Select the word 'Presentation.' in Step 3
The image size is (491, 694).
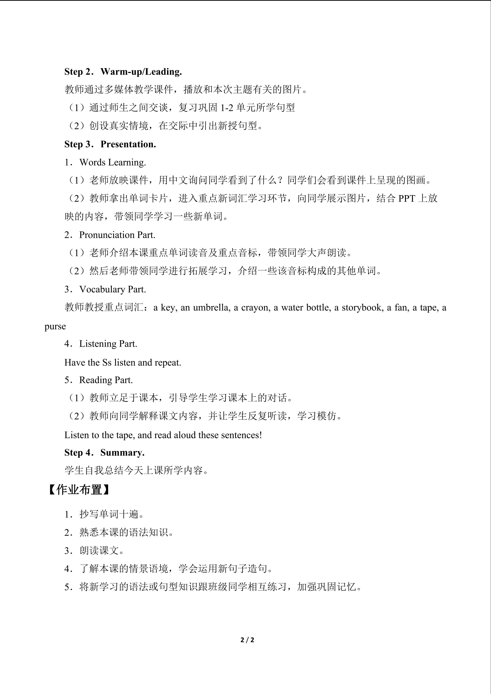click(x=128, y=144)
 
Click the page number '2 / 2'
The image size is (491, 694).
click(x=247, y=640)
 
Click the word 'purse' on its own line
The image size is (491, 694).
click(x=55, y=327)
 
